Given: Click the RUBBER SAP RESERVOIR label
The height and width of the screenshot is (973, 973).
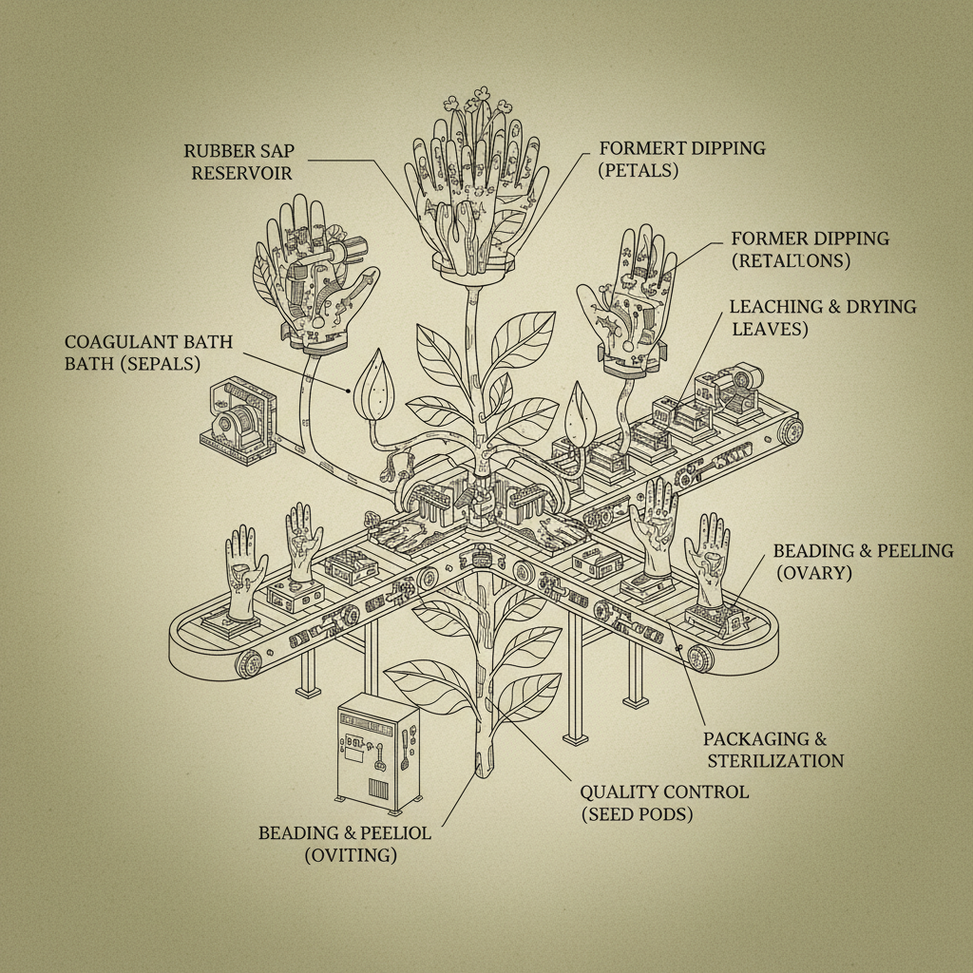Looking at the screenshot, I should point(238,162).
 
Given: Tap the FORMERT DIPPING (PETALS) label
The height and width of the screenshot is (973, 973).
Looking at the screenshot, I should point(682,161).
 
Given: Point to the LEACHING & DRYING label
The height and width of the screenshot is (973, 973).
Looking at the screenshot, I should point(822,317).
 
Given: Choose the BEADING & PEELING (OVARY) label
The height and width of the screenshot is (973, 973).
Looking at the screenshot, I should point(862,563).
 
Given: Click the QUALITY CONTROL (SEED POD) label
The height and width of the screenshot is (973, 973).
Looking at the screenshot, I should point(663,803).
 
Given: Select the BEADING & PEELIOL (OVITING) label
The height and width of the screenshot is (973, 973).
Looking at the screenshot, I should point(344,843).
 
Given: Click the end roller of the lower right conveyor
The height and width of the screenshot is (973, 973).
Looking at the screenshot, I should point(702,658).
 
